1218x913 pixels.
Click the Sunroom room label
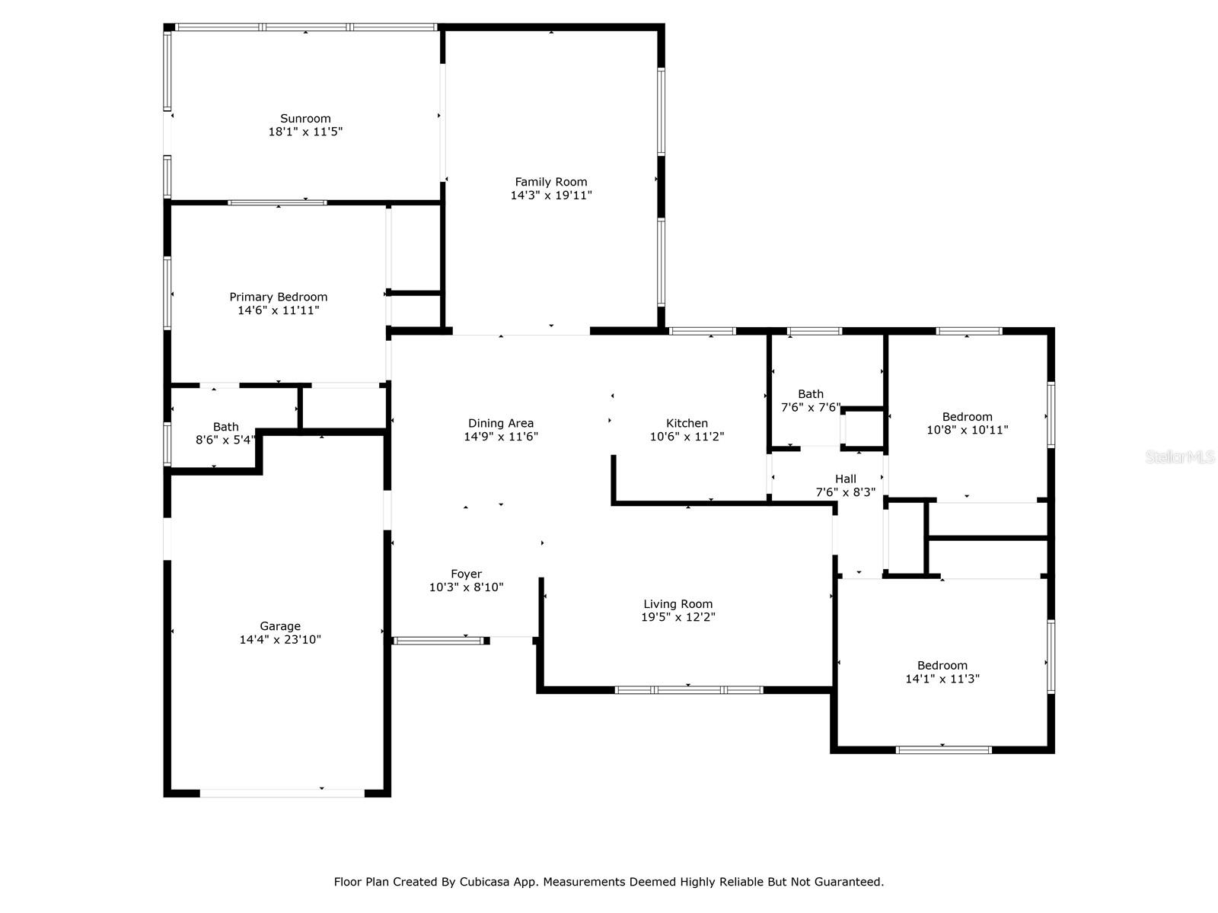tap(305, 119)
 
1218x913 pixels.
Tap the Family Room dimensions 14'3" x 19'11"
tap(551, 196)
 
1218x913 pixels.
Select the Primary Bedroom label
tap(279, 297)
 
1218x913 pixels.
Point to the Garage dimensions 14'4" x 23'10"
tap(280, 640)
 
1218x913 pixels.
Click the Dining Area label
tap(501, 423)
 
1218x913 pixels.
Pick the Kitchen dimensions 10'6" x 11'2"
tap(687, 437)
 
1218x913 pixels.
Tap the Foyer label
tap(466, 574)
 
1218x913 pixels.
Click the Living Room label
tap(678, 604)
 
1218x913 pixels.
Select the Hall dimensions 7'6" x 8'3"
tap(845, 492)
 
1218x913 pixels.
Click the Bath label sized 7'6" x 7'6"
tap(811, 394)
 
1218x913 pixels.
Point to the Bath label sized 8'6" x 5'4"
tap(226, 427)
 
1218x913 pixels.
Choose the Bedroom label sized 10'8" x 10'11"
tap(968, 416)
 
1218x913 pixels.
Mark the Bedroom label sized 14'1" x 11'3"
tap(942, 665)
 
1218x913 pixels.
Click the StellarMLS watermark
tap(1180, 456)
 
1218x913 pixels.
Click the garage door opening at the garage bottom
tap(282, 793)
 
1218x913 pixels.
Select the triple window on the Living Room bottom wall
tap(689, 690)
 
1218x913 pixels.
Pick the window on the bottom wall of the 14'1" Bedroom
tap(944, 749)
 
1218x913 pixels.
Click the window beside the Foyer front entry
tap(440, 641)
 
